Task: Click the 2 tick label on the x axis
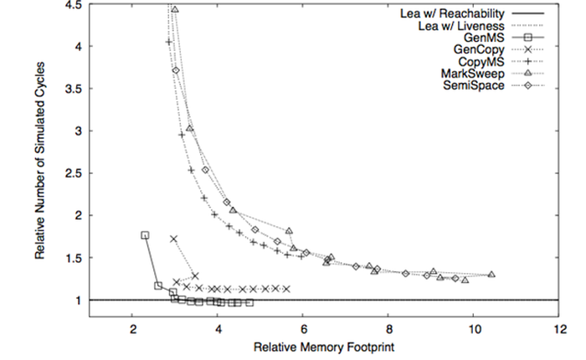point(132,327)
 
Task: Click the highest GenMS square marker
point(145,236)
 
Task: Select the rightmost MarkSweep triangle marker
point(491,275)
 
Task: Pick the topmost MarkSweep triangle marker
point(175,9)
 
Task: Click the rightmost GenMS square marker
point(249,303)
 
